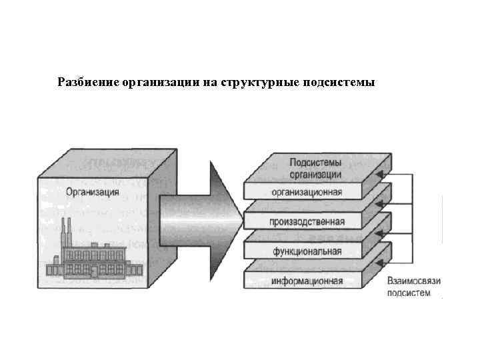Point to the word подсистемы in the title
341,83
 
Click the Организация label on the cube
93,193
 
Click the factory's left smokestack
64,231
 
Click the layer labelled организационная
307,193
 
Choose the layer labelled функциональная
307,251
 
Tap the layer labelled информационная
307,281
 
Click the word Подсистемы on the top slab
316,162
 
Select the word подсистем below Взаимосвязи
409,293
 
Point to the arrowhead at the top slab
379,175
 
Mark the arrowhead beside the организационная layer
379,204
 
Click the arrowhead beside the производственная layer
379,233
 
